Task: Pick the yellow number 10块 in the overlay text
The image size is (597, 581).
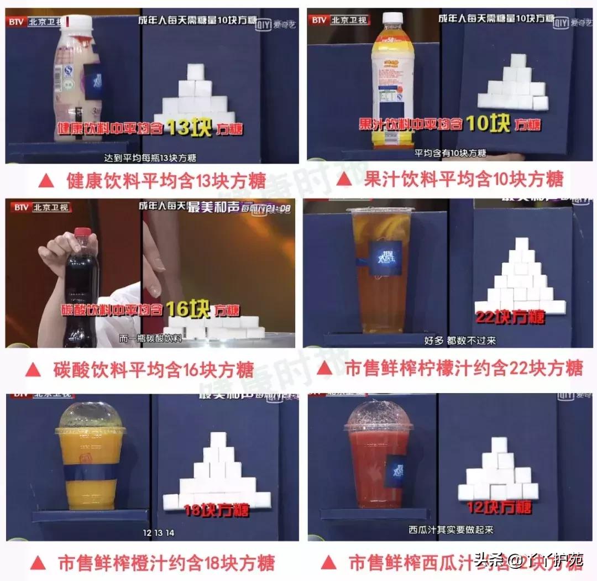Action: [x=487, y=123]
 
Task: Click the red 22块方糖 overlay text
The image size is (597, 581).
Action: [x=509, y=317]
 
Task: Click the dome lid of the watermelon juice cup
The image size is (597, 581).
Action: [x=378, y=416]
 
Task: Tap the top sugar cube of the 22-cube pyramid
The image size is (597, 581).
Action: [x=522, y=245]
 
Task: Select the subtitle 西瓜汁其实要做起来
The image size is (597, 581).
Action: [x=451, y=529]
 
